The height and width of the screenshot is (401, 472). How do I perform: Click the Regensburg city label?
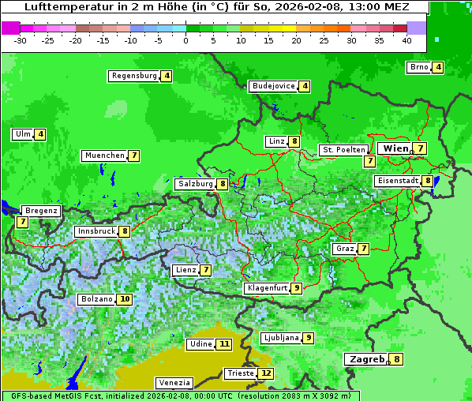(133, 76)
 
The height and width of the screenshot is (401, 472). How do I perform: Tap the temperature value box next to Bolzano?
(125, 300)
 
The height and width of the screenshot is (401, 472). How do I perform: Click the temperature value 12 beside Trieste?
(266, 373)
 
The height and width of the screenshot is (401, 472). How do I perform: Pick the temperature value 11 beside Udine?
(224, 344)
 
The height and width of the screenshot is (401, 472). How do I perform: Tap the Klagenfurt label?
(266, 288)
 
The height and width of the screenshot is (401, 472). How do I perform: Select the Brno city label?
(418, 67)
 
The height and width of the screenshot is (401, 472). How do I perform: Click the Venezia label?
(174, 382)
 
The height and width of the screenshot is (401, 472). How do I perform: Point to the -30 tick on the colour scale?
(21, 40)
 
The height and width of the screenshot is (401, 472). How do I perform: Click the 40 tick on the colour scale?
(406, 40)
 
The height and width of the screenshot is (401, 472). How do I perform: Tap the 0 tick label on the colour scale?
(185, 40)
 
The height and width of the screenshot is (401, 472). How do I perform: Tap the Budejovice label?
(273, 86)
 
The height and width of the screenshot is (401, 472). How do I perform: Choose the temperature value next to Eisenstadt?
(428, 181)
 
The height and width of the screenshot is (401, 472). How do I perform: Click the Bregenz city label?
(41, 211)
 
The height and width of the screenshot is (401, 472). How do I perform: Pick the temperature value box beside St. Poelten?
(369, 161)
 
